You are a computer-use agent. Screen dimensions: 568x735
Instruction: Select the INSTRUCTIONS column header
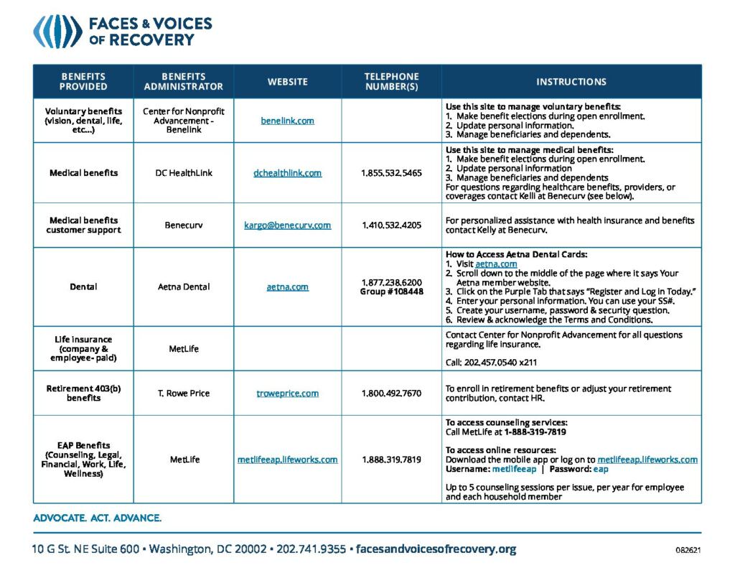pos(571,82)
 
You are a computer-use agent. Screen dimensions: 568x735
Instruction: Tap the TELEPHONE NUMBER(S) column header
pos(391,82)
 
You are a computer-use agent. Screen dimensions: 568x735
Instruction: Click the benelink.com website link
pos(287,121)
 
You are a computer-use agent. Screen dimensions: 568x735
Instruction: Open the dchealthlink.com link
pos(287,173)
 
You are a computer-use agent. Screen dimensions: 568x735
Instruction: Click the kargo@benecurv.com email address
pos(287,225)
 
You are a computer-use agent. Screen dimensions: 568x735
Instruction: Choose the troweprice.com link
pos(287,394)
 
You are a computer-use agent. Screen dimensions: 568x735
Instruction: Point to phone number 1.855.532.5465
pos(391,173)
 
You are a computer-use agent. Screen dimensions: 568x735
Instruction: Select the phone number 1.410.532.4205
pos(391,225)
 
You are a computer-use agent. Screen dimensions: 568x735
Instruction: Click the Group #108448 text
pos(391,292)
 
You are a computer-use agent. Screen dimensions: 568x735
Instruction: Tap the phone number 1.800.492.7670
pos(391,394)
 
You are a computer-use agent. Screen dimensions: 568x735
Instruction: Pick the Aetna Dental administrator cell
pos(184,287)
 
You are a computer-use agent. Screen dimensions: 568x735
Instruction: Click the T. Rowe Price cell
pos(184,394)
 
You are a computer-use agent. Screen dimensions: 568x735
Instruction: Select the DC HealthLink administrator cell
pos(184,173)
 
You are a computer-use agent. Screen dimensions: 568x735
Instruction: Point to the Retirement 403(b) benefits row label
pos(83,394)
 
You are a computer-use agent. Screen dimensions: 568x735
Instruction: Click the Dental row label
pos(83,287)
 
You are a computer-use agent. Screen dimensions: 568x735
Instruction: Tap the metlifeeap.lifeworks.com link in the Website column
pos(287,460)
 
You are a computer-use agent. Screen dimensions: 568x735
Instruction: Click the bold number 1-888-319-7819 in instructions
pos(535,432)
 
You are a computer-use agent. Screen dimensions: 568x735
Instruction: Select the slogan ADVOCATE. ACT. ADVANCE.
pos(97,518)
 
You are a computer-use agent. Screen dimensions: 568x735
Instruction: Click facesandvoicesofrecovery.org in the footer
pos(436,549)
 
